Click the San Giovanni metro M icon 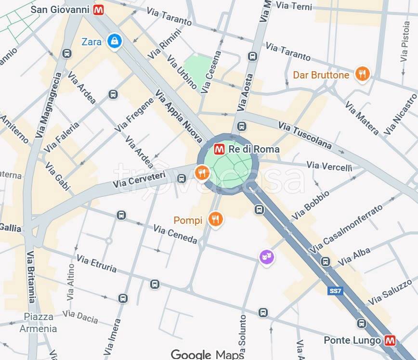(x=99, y=10)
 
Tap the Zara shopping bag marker (x=115, y=41)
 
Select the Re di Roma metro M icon (x=219, y=149)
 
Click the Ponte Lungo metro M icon (x=390, y=341)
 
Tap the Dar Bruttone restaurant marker (x=362, y=75)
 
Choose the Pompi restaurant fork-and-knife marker (x=215, y=220)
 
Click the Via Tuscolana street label (x=305, y=135)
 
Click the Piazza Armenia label (x=38, y=323)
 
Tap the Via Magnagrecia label (x=49, y=105)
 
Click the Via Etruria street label (x=96, y=264)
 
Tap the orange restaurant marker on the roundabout (x=202, y=172)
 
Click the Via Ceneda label (x=175, y=234)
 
